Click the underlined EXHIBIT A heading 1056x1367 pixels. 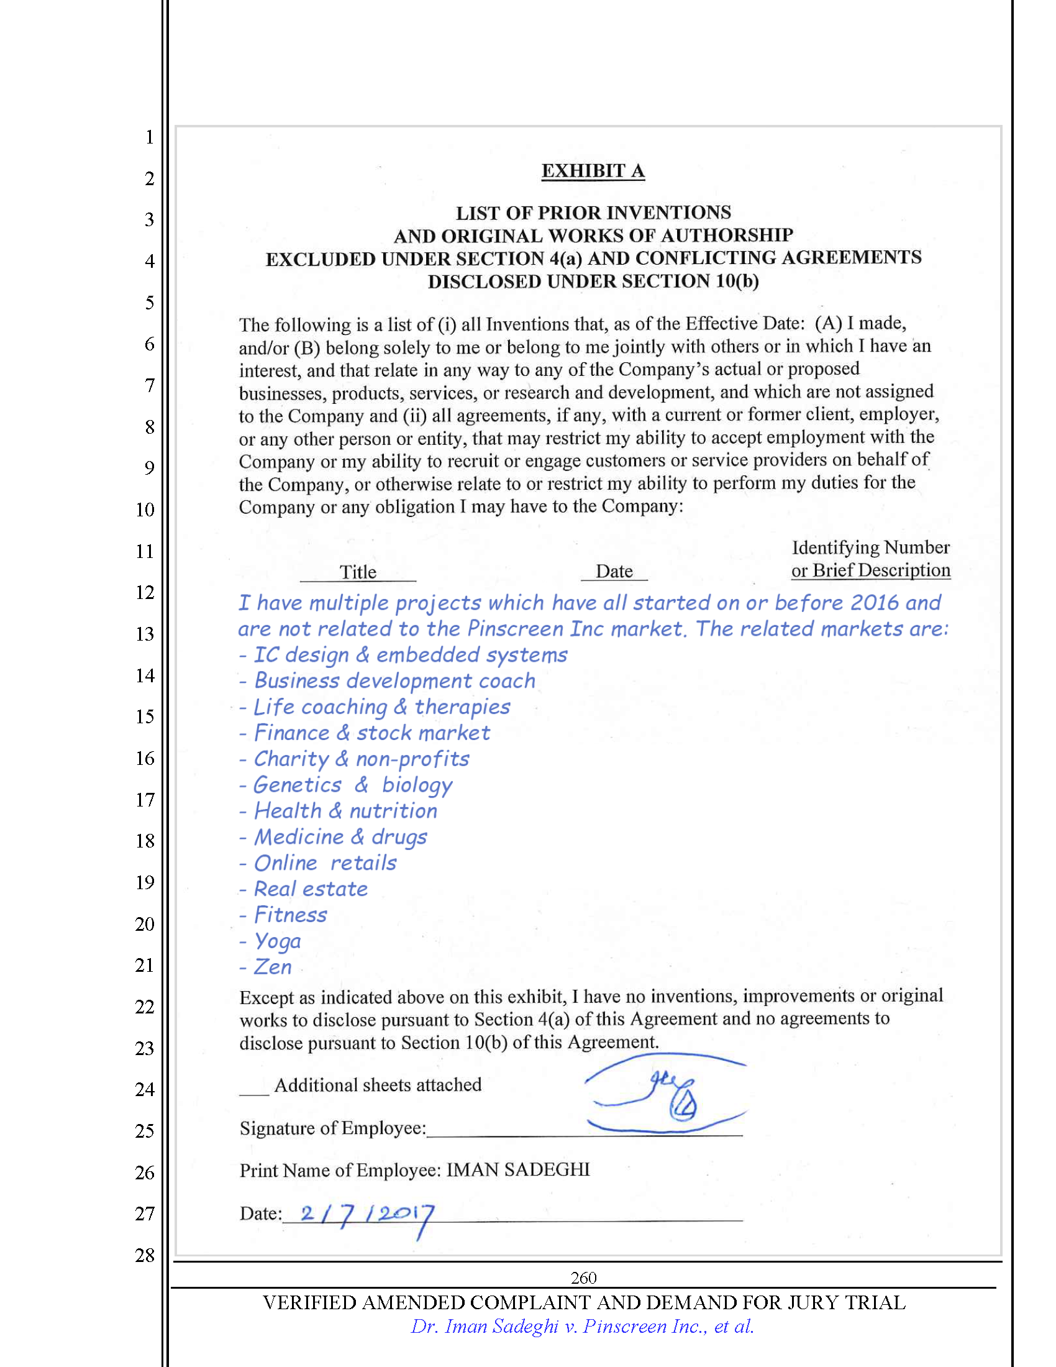point(593,171)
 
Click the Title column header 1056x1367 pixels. point(358,572)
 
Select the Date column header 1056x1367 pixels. point(614,571)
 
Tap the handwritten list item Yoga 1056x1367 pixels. point(277,941)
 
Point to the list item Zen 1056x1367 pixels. point(273,967)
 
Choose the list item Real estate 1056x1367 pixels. point(311,889)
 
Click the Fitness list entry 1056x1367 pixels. point(290,915)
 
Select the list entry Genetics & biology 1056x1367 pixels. point(353,785)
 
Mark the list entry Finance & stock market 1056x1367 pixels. point(371,733)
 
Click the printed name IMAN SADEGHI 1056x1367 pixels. point(518,1170)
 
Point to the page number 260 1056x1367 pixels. point(583,1278)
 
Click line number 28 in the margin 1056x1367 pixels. point(145,1255)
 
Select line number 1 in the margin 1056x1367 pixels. point(150,137)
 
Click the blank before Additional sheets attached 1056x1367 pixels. point(254,1090)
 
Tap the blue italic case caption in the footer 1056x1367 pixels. point(582,1327)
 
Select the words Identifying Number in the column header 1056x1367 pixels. point(870,547)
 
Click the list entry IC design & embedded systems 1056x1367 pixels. point(411,655)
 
